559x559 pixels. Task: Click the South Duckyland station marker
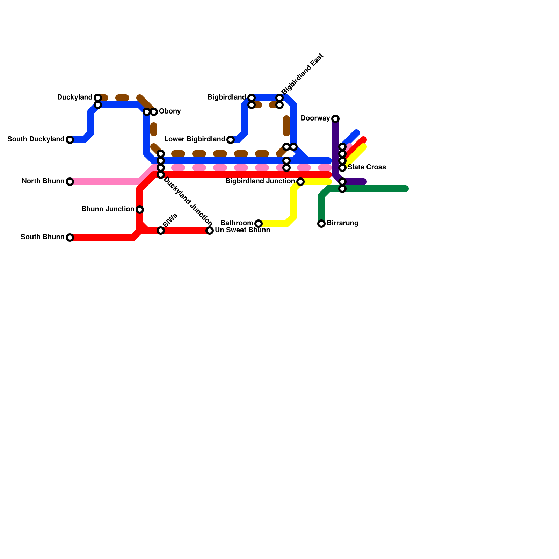[x=70, y=140]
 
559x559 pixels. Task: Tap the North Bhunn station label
[x=43, y=181]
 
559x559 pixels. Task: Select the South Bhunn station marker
[x=70, y=238]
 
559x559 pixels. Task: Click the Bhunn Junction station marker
[x=140, y=210]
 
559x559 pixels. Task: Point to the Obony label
[x=170, y=111]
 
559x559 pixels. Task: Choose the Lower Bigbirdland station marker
[x=231, y=140]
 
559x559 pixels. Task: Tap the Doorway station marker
[x=335, y=119]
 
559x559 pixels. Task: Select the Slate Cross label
[x=367, y=167]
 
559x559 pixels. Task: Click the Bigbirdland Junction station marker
[x=300, y=182]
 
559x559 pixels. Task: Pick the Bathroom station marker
[x=259, y=224]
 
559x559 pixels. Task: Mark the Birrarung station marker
[x=321, y=224]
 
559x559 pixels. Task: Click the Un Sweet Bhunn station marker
[x=210, y=231]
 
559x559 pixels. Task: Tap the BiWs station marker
[x=161, y=231]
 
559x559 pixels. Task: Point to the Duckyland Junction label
[x=188, y=201]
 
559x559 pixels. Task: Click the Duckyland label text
[x=75, y=97]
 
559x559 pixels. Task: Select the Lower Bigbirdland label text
[x=195, y=139]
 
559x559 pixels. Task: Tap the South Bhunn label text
[x=43, y=237]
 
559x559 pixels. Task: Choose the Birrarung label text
[x=342, y=223]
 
